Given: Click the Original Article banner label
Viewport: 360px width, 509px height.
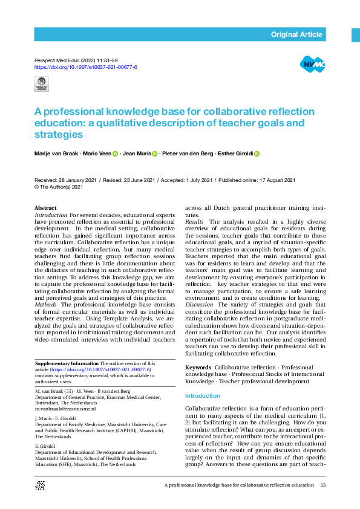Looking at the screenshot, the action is coord(296,34).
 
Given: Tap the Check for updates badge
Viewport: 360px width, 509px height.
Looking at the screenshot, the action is coord(42,84).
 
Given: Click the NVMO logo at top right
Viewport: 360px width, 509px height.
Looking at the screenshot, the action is coord(312,63).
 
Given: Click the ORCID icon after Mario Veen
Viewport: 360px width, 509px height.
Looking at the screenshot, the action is coord(115,155).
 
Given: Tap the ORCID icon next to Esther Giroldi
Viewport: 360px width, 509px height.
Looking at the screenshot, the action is coord(257,155).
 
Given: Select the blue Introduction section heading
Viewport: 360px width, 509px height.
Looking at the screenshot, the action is coord(203,396).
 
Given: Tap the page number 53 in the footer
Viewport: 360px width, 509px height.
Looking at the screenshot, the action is coord(322,486).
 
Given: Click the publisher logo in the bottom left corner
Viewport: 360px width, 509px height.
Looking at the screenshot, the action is coord(41,485).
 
